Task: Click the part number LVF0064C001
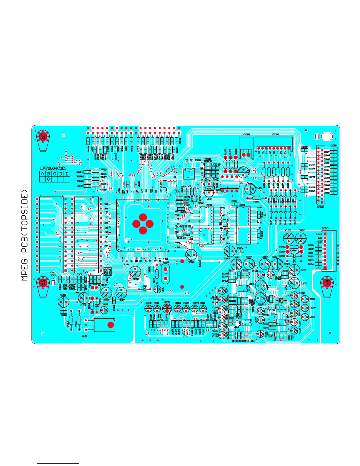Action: click(53, 168)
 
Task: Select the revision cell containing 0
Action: click(49, 179)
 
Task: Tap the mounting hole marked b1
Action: click(43, 137)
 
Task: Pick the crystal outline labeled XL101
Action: click(165, 274)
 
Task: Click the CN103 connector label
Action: click(246, 134)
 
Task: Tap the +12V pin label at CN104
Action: click(319, 238)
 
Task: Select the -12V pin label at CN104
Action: click(319, 242)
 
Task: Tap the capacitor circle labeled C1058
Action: click(135, 272)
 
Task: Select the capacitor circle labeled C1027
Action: click(121, 293)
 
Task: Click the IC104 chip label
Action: click(242, 205)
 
